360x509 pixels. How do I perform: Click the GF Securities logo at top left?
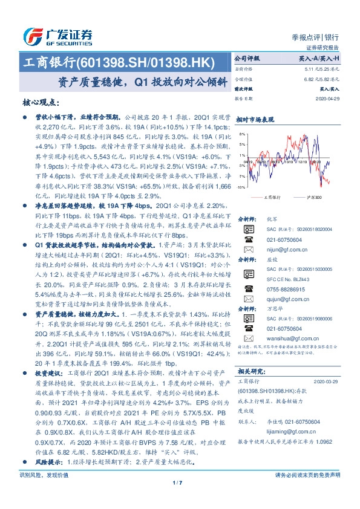pyautogui.click(x=57, y=35)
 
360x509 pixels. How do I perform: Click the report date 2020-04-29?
pyautogui.click(x=329, y=99)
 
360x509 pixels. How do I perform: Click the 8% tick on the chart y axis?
pyautogui.click(x=242, y=134)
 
